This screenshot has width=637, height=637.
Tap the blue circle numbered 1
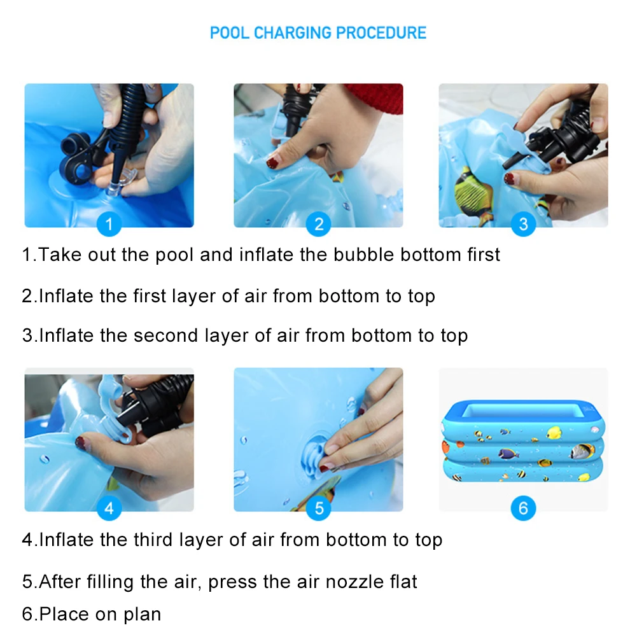click(109, 224)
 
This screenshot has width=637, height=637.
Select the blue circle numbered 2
click(318, 224)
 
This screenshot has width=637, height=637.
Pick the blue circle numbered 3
click(523, 224)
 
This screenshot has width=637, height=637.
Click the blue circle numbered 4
click(109, 508)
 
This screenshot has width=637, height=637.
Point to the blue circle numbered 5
click(318, 508)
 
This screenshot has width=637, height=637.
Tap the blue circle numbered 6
click(523, 508)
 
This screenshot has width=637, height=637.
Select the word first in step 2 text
click(150, 296)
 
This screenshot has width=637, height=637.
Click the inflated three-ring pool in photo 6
click(524, 441)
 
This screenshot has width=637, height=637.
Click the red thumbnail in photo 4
click(81, 442)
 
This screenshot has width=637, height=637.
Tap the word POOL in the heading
click(229, 33)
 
